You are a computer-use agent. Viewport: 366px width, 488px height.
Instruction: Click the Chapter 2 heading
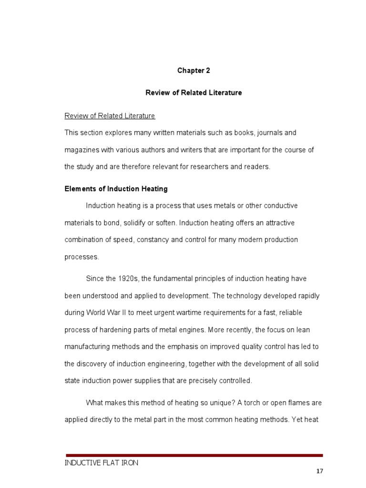tap(193, 71)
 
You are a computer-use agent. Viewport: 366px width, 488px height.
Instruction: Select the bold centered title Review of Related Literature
tap(193, 93)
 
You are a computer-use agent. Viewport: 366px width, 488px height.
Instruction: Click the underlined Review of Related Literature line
tap(110, 116)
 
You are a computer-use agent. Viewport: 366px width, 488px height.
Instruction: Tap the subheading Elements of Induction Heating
tap(116, 189)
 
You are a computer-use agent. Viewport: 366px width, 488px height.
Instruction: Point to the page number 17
tap(319, 471)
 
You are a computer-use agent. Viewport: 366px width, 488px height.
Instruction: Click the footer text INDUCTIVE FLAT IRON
tap(102, 463)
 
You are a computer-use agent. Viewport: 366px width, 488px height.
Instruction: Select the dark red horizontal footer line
tap(194, 455)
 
